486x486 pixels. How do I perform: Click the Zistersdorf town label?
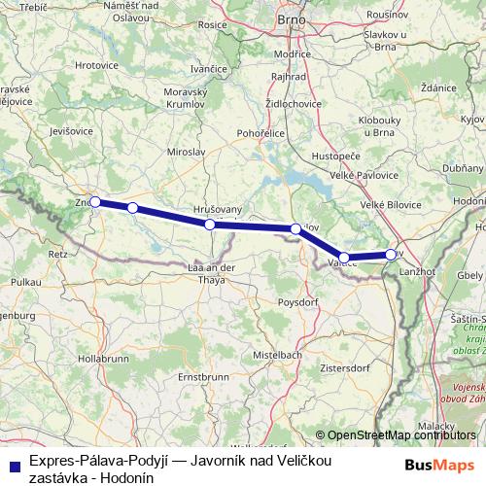click(x=367, y=369)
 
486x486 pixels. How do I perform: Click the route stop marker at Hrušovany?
click(x=210, y=225)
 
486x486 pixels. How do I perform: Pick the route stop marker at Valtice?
click(x=344, y=259)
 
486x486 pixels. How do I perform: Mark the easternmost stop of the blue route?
click(x=391, y=255)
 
